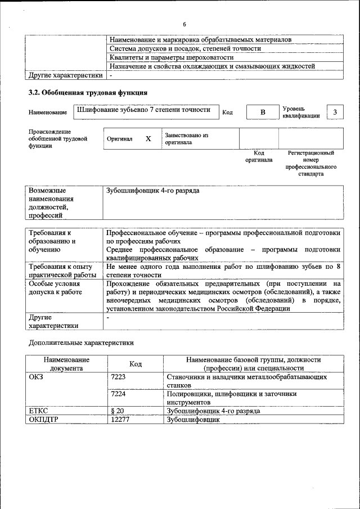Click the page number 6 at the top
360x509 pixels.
point(184,24)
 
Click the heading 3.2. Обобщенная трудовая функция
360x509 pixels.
point(88,93)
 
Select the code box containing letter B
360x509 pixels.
point(262,112)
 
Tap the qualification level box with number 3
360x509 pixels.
point(335,112)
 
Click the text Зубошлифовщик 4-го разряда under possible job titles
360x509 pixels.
point(152,191)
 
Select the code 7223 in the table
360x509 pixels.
point(119,377)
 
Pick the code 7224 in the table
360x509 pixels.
point(119,394)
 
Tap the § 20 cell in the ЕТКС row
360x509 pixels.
point(118,411)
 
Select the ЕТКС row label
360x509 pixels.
point(39,411)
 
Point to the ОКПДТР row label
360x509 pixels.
point(44,420)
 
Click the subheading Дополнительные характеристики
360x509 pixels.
point(81,342)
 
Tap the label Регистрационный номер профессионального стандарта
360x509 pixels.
point(310,163)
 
